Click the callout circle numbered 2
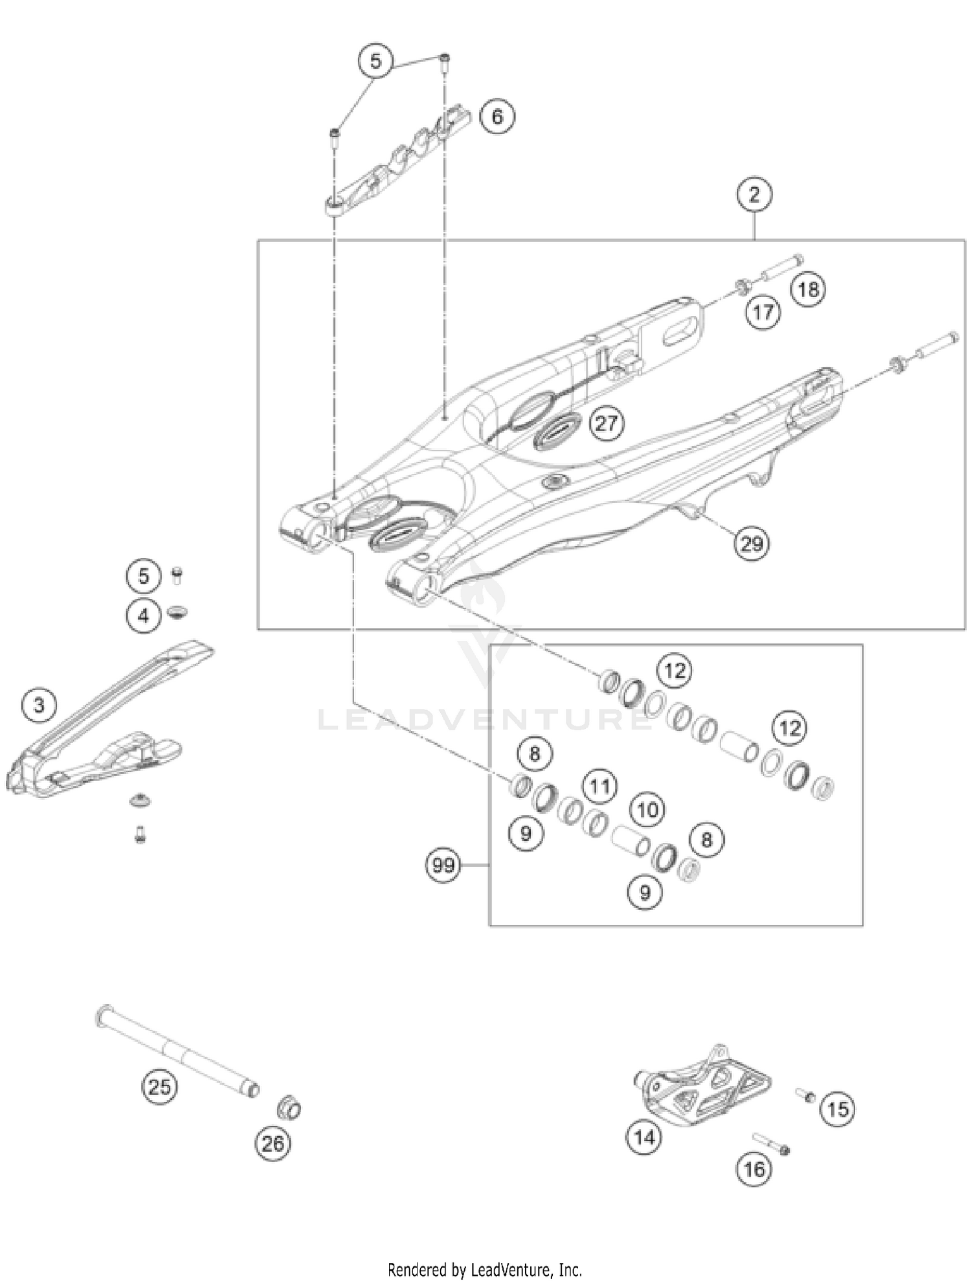coord(754,194)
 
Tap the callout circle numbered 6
coord(497,117)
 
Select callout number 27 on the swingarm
coord(607,423)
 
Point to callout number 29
coord(752,543)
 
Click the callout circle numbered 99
coord(443,865)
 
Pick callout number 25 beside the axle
coord(160,1086)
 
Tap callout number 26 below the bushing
coord(273,1144)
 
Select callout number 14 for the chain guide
coord(644,1137)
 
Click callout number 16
coord(754,1169)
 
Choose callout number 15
coord(837,1110)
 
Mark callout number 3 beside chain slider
coord(39,704)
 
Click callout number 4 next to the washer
coord(143,615)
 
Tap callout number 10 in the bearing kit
coord(647,810)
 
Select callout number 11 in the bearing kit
coord(599,787)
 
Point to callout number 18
coord(808,289)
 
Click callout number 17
coord(763,313)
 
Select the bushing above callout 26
coord(289,1108)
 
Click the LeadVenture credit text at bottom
coord(485,1269)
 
